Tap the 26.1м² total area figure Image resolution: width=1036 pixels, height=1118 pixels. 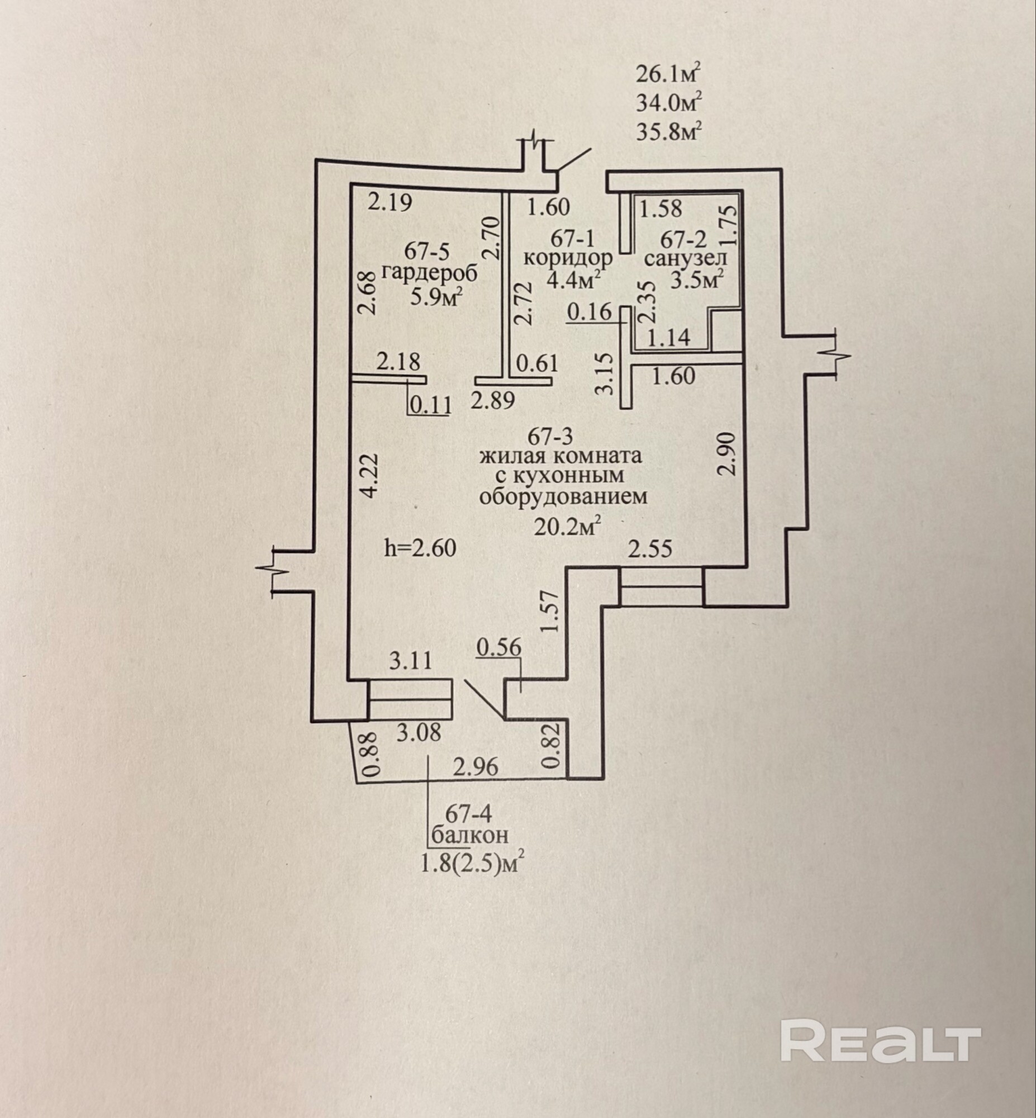click(x=669, y=73)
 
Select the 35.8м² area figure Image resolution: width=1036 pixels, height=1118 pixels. click(x=669, y=132)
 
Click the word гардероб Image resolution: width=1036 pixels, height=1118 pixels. click(x=430, y=274)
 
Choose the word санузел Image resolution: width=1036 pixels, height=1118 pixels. click(x=686, y=258)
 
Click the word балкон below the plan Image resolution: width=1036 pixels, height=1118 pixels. click(x=470, y=835)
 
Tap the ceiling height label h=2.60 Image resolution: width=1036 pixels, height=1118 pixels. click(x=420, y=547)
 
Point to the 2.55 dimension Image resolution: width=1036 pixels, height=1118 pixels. click(x=650, y=548)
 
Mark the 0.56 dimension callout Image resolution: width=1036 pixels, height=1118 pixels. click(x=499, y=647)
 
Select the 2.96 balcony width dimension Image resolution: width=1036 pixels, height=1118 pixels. click(x=476, y=766)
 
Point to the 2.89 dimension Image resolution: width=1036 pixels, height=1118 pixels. click(x=493, y=400)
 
